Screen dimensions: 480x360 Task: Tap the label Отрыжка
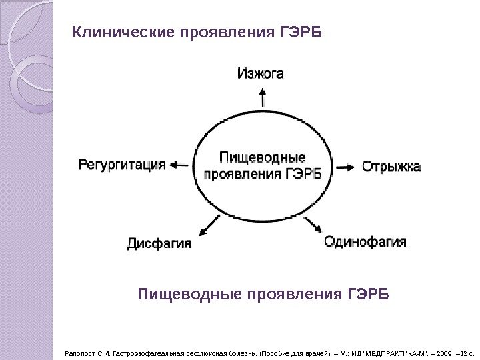391,165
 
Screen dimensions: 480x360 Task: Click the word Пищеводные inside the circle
263,158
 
